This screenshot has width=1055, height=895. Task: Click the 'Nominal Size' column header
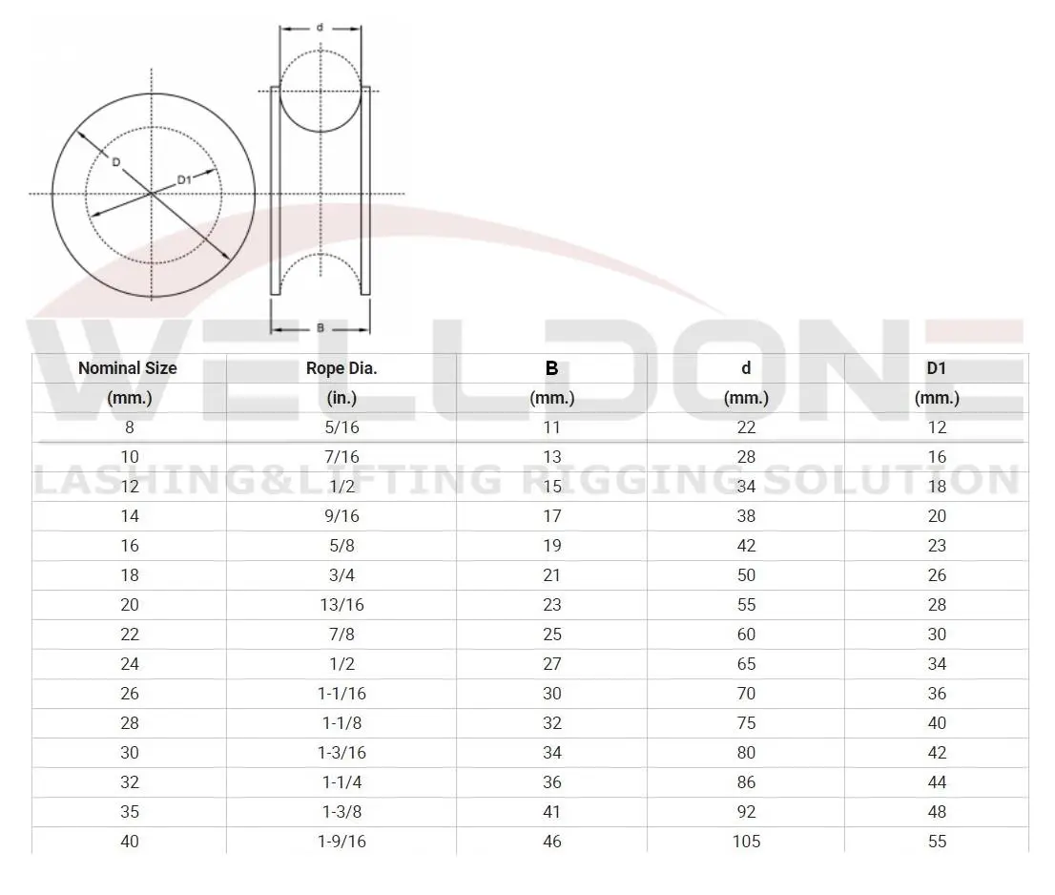tap(128, 368)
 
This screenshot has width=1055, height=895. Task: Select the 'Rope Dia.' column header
tap(341, 368)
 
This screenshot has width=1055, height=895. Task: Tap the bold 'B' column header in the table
tap(551, 368)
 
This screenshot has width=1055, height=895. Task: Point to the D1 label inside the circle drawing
tap(186, 179)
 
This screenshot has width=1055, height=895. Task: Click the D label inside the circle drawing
tap(115, 162)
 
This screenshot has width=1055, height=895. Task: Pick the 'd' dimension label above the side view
tap(320, 27)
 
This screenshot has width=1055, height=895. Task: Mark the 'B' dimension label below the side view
tap(321, 328)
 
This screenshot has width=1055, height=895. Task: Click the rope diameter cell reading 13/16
tap(341, 605)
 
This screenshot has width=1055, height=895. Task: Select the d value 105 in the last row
tap(746, 842)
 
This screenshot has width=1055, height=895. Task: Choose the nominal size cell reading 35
tap(130, 812)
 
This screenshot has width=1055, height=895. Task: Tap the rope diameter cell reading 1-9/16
tap(341, 842)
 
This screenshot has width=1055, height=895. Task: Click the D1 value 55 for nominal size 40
tap(937, 842)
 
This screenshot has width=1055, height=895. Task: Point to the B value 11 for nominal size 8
tap(551, 427)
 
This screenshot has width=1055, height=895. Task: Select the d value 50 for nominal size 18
tap(746, 575)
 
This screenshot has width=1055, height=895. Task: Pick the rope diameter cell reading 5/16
tap(341, 427)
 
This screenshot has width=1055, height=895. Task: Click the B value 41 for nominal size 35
tap(551, 812)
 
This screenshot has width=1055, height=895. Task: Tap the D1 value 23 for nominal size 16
tap(937, 546)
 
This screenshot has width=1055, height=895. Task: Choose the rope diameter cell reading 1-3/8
tap(341, 812)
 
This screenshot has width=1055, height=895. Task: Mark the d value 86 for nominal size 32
tap(746, 782)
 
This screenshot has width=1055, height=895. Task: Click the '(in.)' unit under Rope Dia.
tap(341, 398)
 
